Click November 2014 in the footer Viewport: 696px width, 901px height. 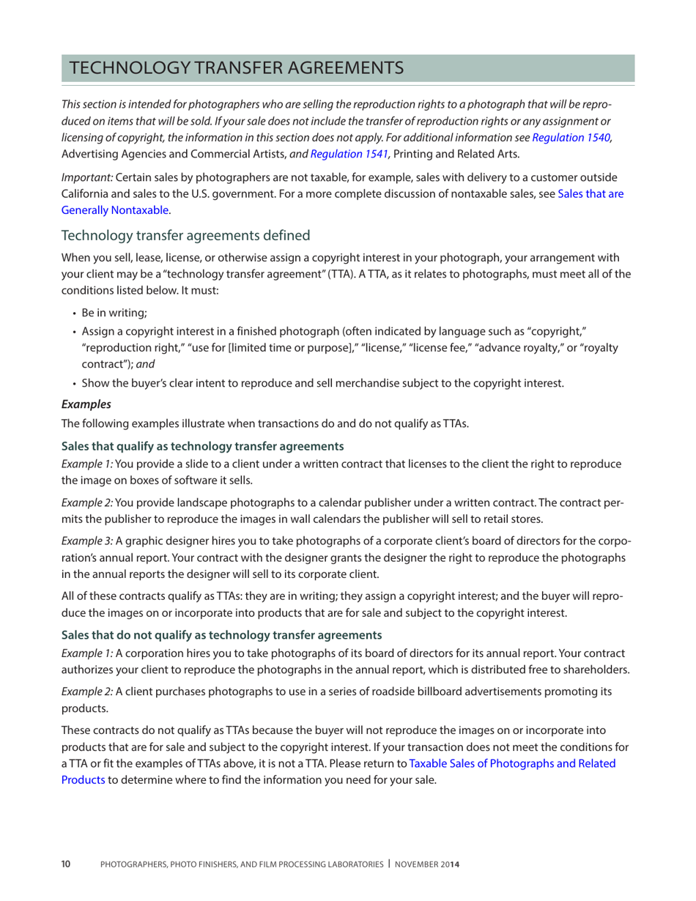[427, 864]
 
